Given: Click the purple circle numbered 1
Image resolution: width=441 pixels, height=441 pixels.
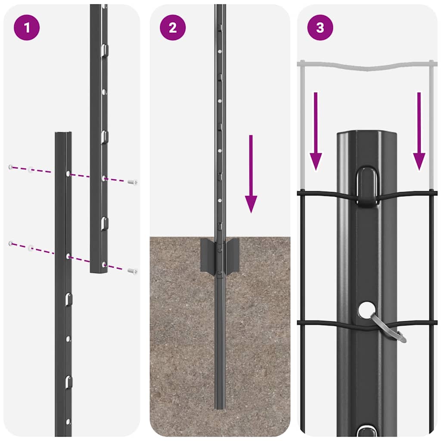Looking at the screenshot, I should [27, 28].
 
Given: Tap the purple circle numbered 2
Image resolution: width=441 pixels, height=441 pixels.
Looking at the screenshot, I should [173, 28].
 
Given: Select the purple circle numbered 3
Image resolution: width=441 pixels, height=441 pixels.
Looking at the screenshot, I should [320, 28].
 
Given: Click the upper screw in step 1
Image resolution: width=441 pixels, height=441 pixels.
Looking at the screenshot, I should [133, 182].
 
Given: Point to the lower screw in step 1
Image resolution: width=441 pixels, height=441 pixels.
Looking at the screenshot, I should [133, 271].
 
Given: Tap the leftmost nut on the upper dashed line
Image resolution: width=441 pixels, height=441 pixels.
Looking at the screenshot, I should [10, 167].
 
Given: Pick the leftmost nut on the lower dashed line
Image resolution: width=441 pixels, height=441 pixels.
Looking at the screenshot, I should [10, 244].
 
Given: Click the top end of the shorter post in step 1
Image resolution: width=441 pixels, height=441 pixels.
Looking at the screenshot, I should [63, 134].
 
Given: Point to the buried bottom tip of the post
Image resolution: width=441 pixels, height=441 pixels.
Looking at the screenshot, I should [220, 407].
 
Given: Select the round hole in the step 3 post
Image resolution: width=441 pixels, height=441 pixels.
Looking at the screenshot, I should [366, 310].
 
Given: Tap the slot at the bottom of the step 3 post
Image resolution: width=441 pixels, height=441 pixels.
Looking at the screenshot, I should [366, 431].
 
